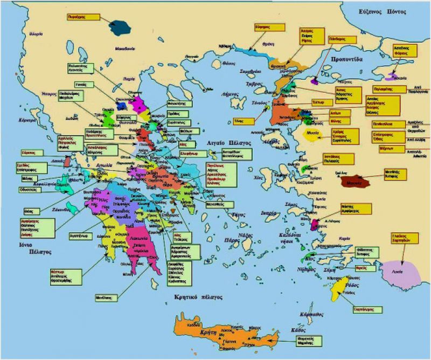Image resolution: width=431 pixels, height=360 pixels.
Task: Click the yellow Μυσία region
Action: tap(312, 133)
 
